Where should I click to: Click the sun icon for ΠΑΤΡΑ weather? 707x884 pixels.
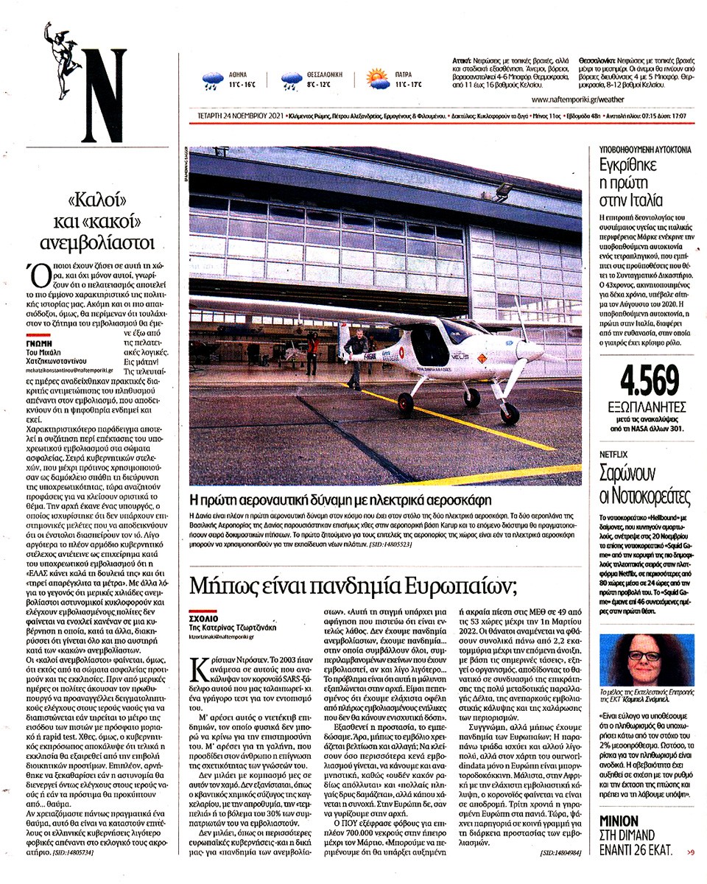point(377,79)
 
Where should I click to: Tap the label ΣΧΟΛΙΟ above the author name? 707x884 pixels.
point(203,620)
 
